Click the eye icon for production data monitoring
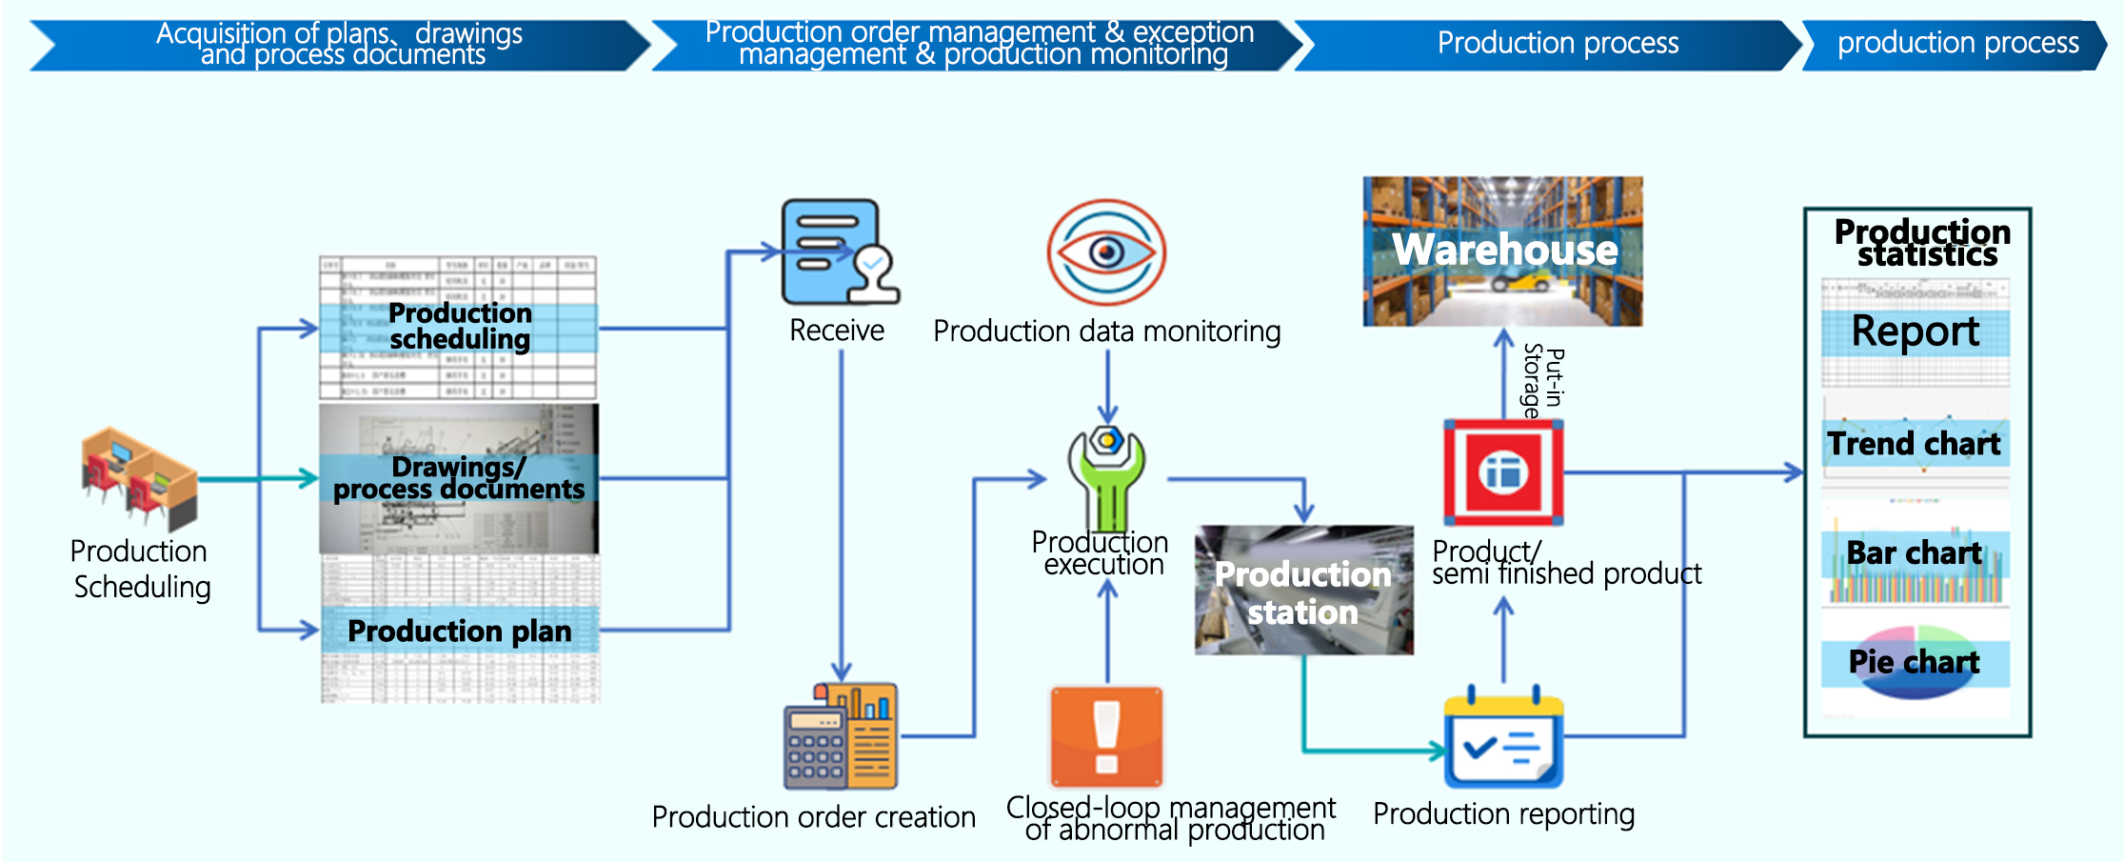pos(1106,251)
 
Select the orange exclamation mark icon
pos(1106,736)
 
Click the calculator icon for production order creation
pos(840,736)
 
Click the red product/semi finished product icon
pos(1503,472)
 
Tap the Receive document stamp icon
pos(838,251)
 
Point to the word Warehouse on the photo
pos(1504,250)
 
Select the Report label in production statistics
pos(1915,331)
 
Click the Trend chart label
pos(1914,444)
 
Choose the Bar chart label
pos(1914,553)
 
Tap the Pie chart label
pos(1914,662)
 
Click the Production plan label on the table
pos(460,631)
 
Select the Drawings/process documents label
pos(459,478)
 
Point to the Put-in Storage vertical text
pos(1543,382)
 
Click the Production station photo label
pos(1303,592)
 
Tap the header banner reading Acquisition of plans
pos(339,45)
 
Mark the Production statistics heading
pos(1922,243)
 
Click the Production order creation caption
pos(813,817)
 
